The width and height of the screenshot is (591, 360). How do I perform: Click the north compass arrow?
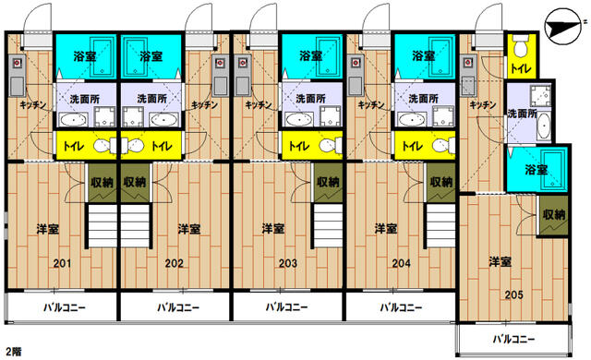coord(559,25)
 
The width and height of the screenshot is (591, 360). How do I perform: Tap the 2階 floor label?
coord(13,352)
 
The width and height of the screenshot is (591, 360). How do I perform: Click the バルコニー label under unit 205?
coord(513,340)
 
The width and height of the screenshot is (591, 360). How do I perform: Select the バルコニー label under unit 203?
coord(286,307)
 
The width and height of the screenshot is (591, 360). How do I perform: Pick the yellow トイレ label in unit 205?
coord(519,68)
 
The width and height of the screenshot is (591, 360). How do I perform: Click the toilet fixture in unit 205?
coord(519,46)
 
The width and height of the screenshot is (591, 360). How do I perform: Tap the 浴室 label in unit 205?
coord(535,171)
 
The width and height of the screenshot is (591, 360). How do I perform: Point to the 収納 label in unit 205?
coord(554,214)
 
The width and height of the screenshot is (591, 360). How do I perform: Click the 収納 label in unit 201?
coord(102,183)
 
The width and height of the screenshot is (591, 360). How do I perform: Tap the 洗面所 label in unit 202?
coord(151,99)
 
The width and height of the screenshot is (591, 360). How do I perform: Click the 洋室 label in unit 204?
coord(386,229)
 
